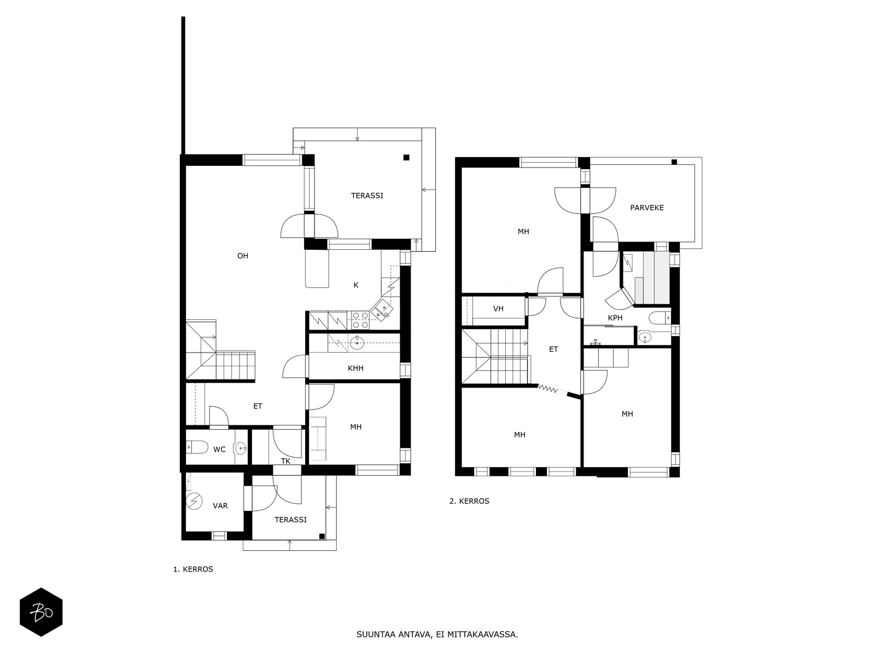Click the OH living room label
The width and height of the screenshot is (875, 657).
pos(242,256)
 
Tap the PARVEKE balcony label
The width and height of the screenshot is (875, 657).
pos(646,208)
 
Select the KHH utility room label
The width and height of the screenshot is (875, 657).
pos(355,368)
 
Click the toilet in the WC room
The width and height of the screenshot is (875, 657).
pos(197,447)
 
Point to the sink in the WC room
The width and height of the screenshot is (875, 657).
pos(241,448)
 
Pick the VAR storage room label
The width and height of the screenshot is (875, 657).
pos(220,506)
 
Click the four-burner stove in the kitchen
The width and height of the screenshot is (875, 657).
pos(360,320)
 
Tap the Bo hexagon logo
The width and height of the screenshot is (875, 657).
pos(41,612)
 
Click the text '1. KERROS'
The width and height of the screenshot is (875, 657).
pos(193,569)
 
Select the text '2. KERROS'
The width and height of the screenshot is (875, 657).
pos(469,501)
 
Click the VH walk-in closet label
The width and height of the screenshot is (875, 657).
pos(498,308)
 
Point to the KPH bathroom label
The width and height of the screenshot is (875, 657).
pos(615,318)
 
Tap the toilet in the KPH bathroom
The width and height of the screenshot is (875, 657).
pos(660,318)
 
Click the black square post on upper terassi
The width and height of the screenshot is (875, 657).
pos(406,158)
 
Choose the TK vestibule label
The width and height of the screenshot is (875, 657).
pos(285,461)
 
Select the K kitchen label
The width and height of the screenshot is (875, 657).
pos(356,285)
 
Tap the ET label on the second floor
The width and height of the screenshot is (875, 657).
pos(553,349)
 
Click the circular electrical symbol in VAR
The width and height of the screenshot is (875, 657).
pos(194,502)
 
